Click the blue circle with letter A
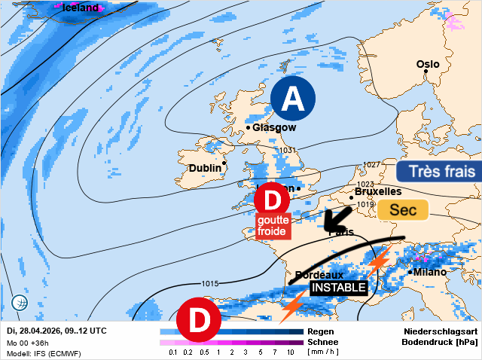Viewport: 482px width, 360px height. pyautogui.click(x=293, y=99)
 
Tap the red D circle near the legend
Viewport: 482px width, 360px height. pyautogui.click(x=200, y=319)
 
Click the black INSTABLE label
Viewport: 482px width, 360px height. pyautogui.click(x=339, y=288)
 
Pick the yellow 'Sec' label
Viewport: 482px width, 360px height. pyautogui.click(x=402, y=210)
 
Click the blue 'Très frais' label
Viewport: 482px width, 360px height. pyautogui.click(x=438, y=172)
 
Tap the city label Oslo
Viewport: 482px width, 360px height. pyautogui.click(x=428, y=64)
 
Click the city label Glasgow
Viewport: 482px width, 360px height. pyautogui.click(x=274, y=128)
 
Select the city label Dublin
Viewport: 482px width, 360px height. pyautogui.click(x=205, y=168)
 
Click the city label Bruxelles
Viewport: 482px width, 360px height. pyautogui.click(x=377, y=192)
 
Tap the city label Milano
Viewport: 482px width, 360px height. pyautogui.click(x=430, y=272)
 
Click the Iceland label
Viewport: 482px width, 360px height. pyautogui.click(x=80, y=8)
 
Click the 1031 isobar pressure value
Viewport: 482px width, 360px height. pyautogui.click(x=287, y=151)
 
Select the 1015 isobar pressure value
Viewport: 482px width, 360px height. pyautogui.click(x=210, y=283)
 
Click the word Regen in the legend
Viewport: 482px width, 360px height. pyautogui.click(x=322, y=331)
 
